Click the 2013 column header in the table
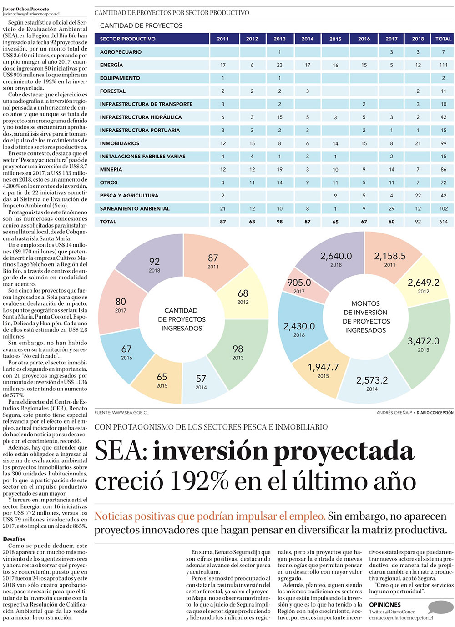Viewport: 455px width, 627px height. pos(279,39)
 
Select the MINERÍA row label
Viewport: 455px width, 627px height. pos(111,169)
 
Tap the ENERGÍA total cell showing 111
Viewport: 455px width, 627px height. pos(443,65)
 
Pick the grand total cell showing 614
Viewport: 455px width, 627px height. pos(443,222)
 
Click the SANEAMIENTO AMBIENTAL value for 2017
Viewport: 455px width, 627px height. pos(391,208)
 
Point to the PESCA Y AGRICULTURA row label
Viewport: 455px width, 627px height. pos(129,196)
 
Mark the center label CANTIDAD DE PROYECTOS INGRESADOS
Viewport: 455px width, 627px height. pos(182,319)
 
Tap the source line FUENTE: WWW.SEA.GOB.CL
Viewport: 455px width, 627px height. pos(121,413)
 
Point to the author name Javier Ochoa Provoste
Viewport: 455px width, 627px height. pos(25,9)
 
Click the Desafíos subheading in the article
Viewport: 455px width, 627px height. pos(14,539)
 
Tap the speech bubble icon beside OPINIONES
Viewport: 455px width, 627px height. pos(440,607)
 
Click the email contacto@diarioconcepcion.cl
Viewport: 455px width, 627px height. pos(401,618)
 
